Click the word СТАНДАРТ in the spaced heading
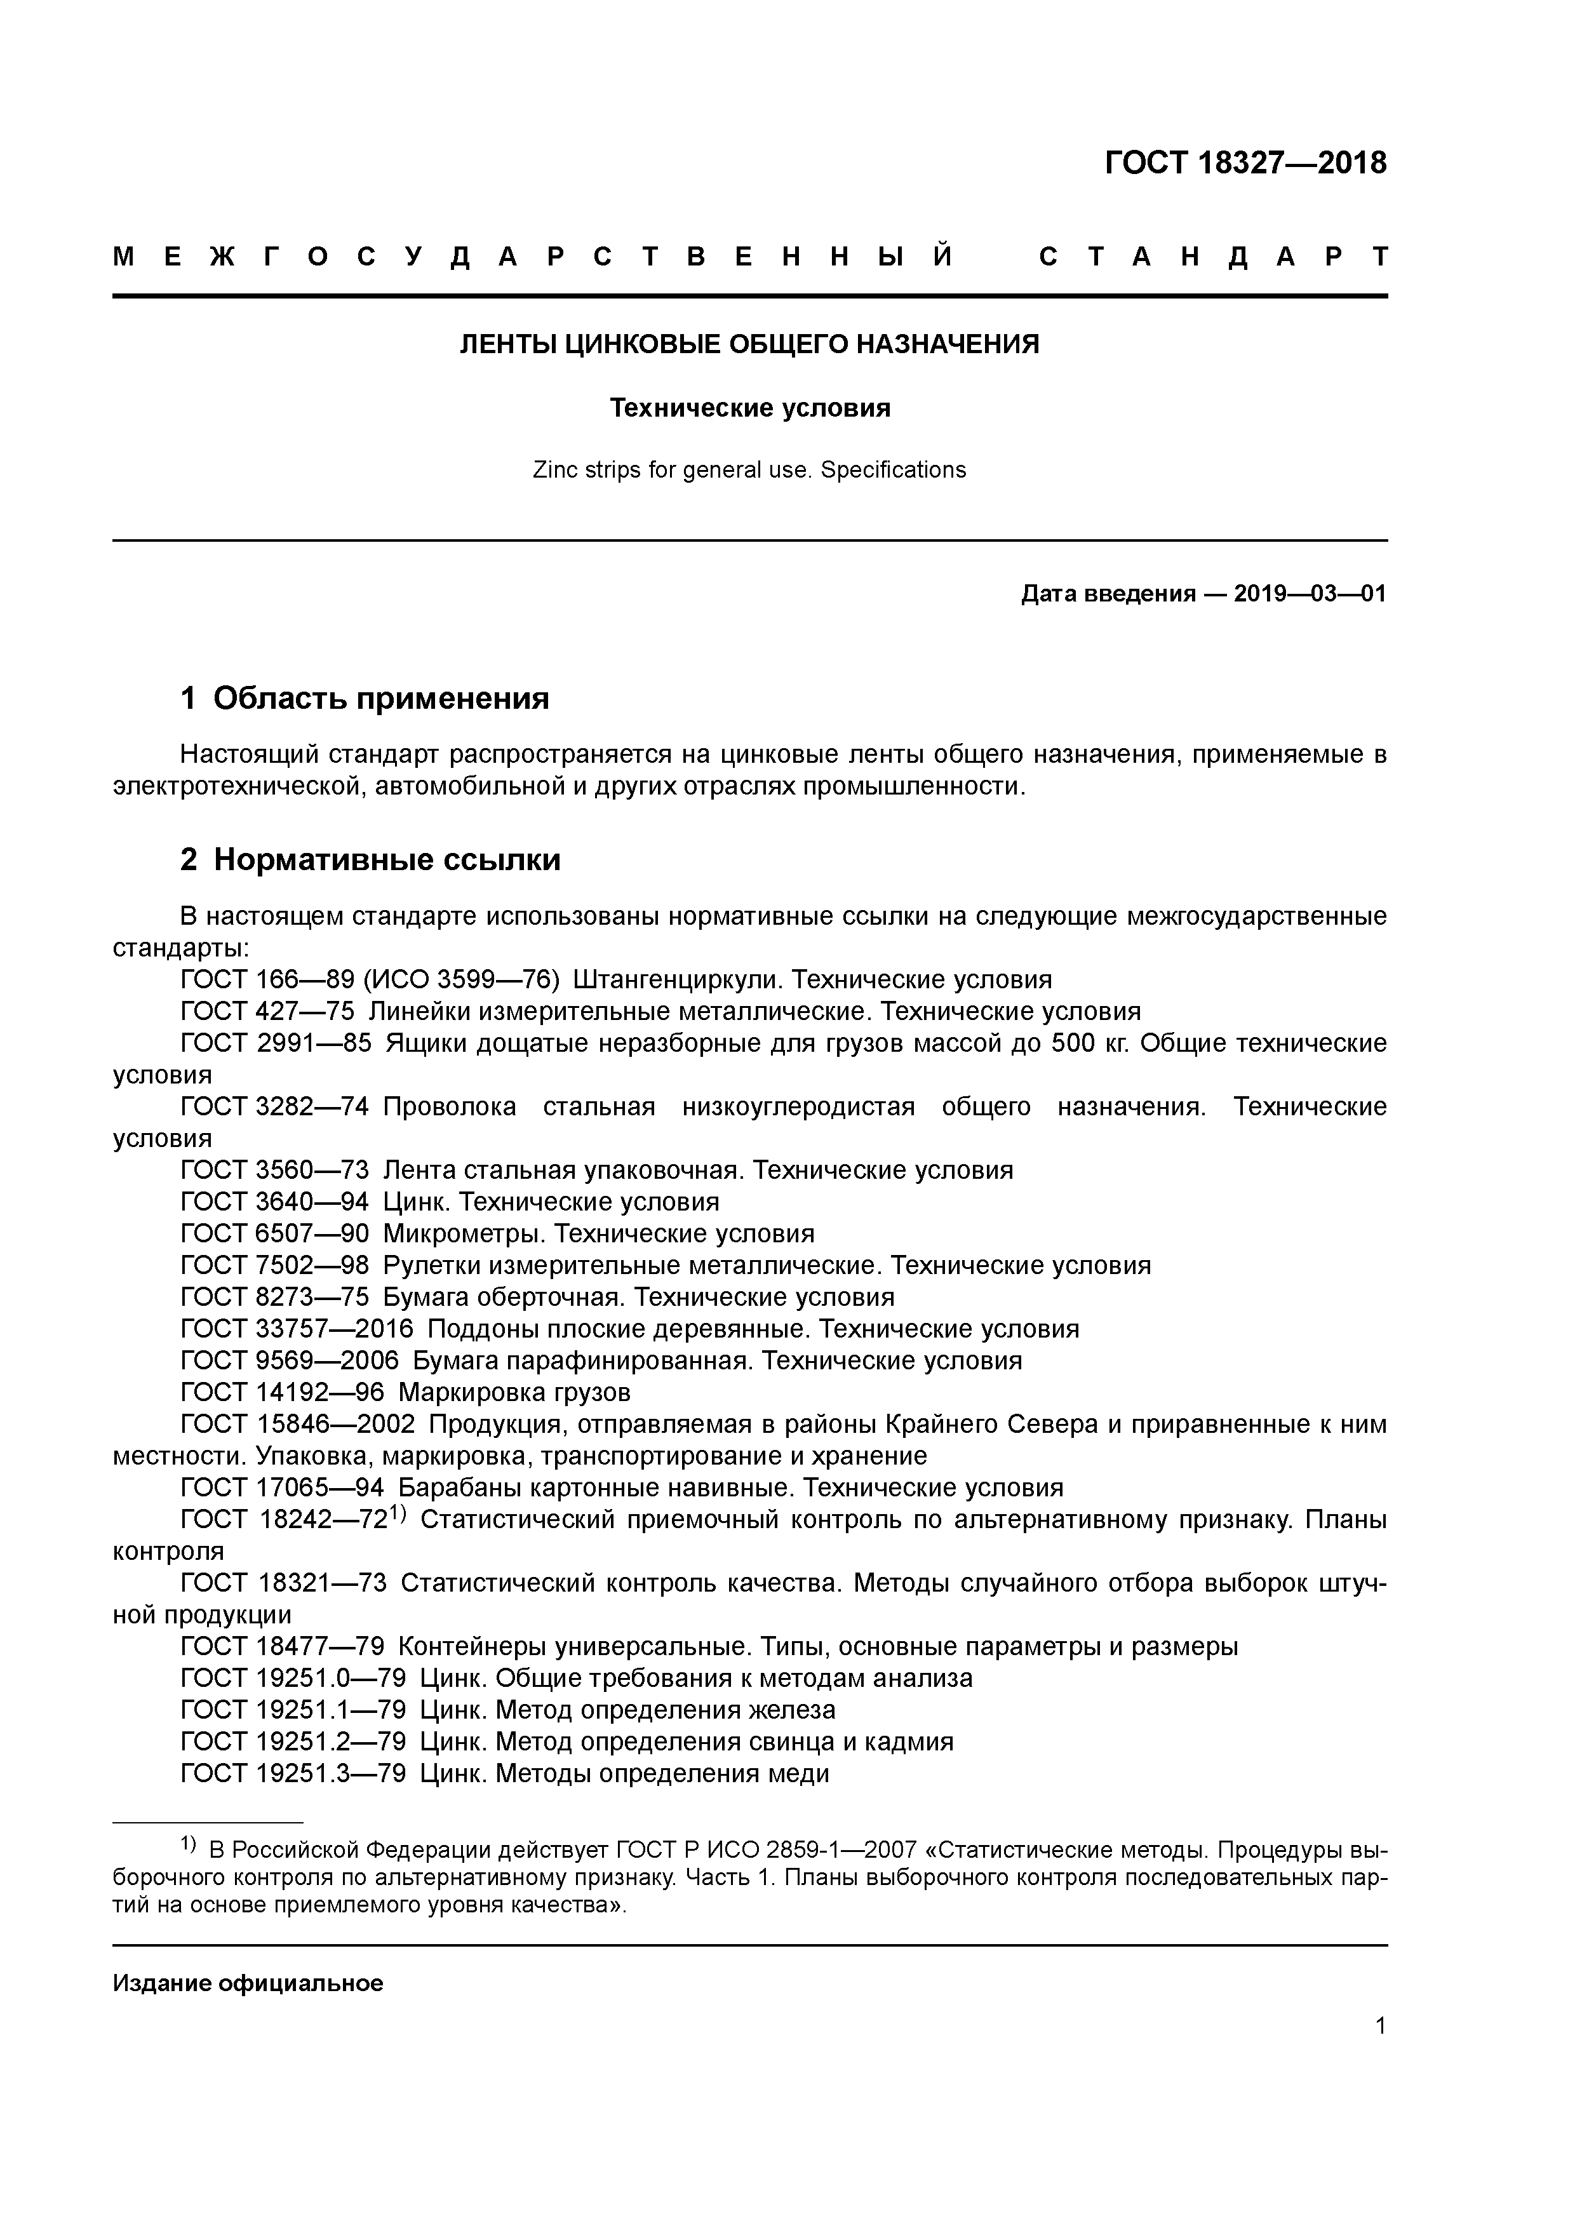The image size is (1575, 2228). coord(1213,257)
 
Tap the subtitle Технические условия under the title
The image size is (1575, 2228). coord(749,408)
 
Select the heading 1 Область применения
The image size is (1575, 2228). coord(365,698)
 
